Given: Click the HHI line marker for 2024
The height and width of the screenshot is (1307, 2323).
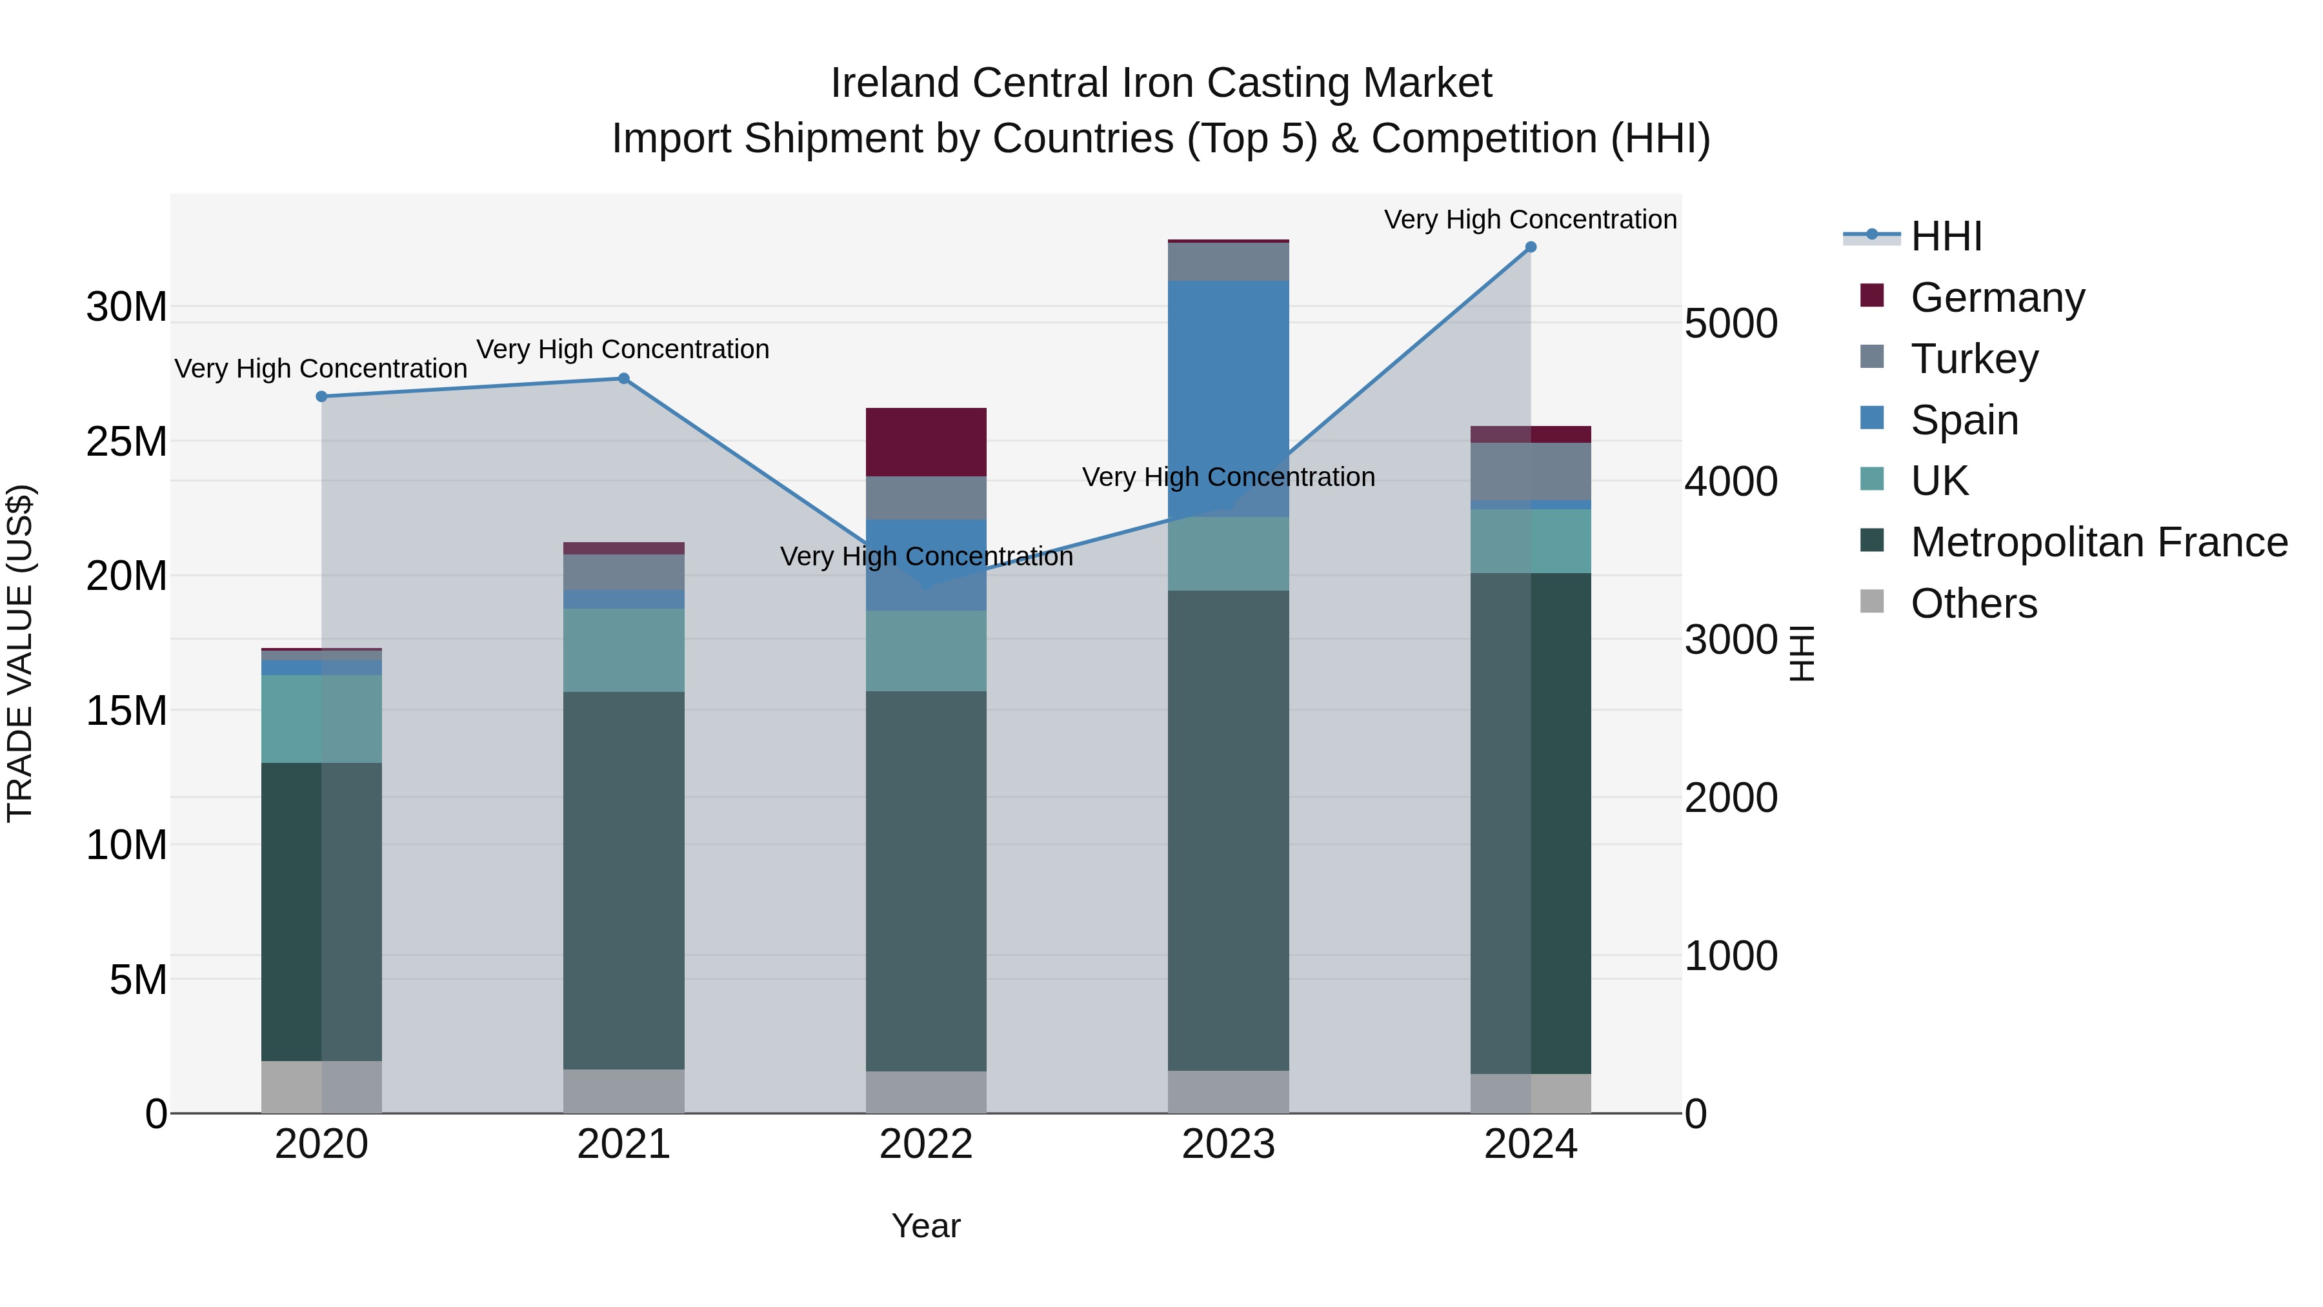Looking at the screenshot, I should tap(1531, 247).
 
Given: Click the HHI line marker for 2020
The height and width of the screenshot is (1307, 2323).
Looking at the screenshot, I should tap(322, 397).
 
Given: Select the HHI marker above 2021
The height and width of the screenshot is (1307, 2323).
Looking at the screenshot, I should tap(623, 379).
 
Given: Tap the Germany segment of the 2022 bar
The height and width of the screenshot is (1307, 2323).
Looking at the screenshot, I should tap(926, 442).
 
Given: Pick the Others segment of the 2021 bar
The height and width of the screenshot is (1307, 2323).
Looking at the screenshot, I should tap(623, 1091).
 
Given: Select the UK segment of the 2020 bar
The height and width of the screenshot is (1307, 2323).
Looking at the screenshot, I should tap(322, 719).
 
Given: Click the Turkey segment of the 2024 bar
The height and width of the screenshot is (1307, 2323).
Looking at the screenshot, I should tap(1531, 471).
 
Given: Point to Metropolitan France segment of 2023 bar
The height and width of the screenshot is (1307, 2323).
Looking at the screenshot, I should tap(1228, 830).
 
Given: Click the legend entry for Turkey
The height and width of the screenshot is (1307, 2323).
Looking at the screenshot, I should tap(1973, 359).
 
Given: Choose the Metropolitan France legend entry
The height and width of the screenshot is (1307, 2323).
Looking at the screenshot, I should tap(2098, 542).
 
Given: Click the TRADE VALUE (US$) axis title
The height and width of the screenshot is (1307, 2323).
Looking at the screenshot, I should tap(20, 654).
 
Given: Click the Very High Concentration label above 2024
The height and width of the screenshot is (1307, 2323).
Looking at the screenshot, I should tap(1531, 220).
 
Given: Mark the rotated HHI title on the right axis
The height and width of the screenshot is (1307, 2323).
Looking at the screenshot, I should tap(1801, 654).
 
